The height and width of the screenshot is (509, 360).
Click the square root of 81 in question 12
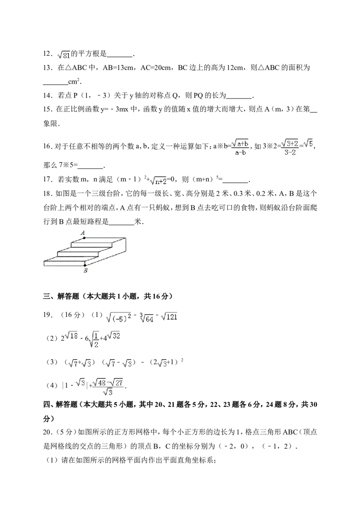click(x=63, y=54)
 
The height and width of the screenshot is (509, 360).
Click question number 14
click(x=48, y=95)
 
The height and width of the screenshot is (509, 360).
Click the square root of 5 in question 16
click(x=309, y=144)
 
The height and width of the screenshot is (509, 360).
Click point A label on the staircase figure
click(x=83, y=232)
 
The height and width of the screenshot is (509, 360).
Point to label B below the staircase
click(x=85, y=270)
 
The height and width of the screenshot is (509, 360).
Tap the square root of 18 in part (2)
click(x=72, y=336)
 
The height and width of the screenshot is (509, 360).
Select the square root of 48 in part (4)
click(x=100, y=383)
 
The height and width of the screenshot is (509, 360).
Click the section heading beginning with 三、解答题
click(x=108, y=296)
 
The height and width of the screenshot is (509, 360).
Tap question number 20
click(x=48, y=432)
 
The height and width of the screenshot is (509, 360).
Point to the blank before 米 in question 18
click(x=122, y=223)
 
